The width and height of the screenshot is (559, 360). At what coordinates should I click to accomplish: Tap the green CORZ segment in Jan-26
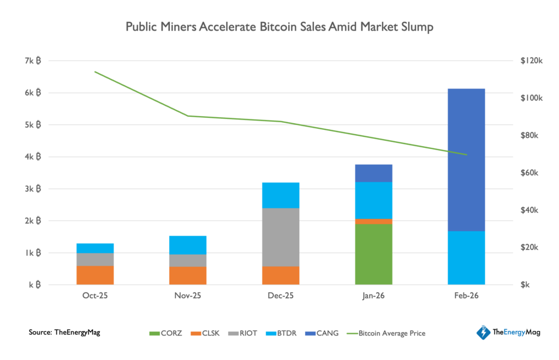click(373, 254)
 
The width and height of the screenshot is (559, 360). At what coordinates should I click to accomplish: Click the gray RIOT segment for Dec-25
click(281, 237)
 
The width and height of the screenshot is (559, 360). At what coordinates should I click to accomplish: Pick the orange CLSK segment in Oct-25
click(95, 275)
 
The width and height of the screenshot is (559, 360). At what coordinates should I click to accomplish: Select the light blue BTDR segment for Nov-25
click(188, 245)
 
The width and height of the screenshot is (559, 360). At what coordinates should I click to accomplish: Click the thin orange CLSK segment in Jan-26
click(373, 221)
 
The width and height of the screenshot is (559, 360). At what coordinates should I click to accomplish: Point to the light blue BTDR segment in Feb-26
click(466, 257)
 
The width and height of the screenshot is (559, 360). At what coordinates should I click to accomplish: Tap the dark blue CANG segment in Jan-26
click(373, 173)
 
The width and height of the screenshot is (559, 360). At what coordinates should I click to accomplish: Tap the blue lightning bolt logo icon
click(483, 332)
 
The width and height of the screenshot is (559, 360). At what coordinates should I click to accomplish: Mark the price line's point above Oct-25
click(95, 71)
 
